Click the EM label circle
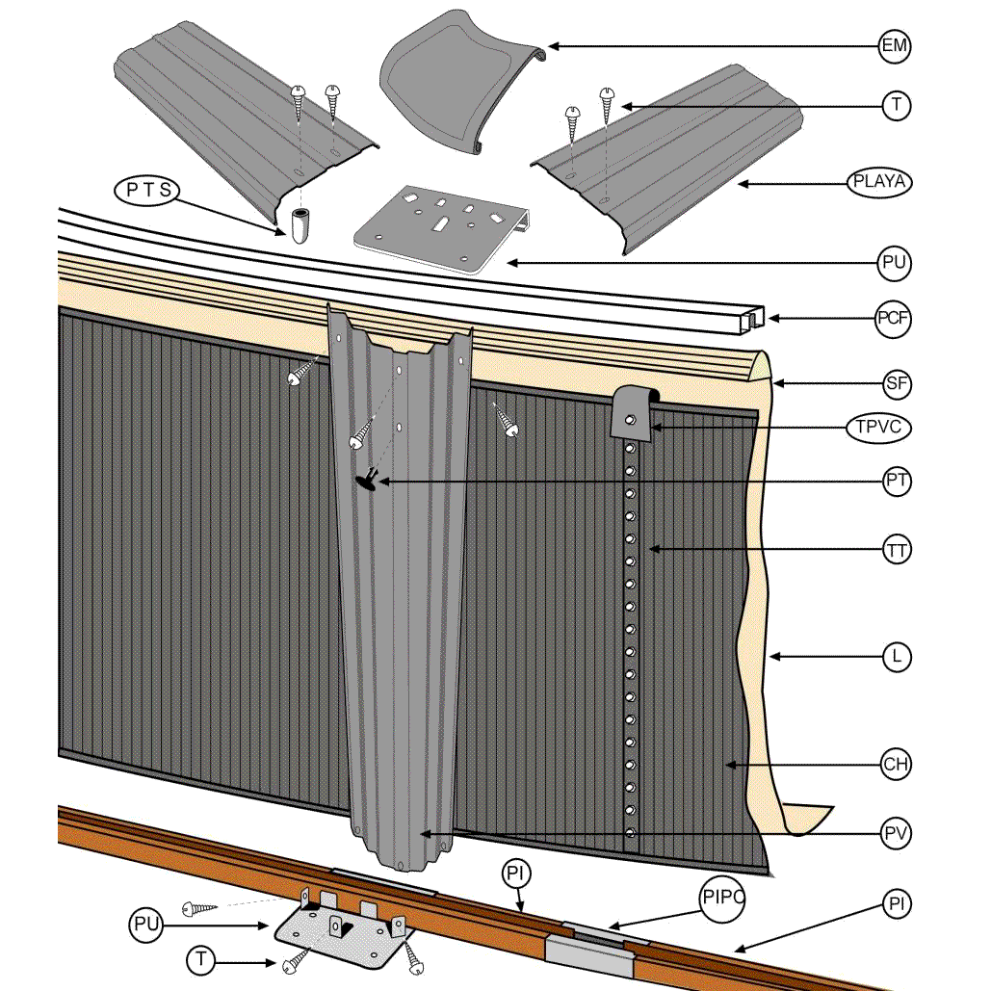tap(896, 45)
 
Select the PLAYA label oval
tap(880, 181)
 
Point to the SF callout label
tap(897, 385)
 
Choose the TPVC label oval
tap(878, 428)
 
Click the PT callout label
tap(897, 482)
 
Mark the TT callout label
tap(897, 551)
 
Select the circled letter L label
tap(897, 658)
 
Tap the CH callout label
tap(896, 766)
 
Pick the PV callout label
tap(897, 832)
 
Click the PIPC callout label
tap(722, 899)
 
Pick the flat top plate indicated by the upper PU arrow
tap(443, 230)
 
